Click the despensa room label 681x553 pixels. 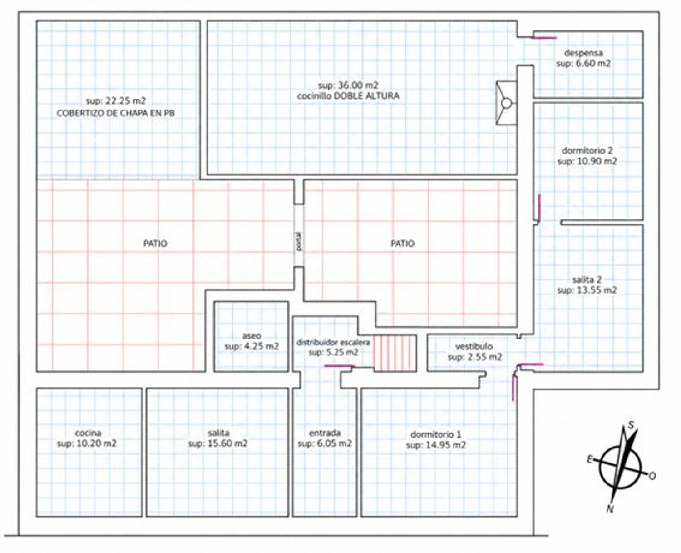[583, 53]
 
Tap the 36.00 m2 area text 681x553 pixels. [348, 85]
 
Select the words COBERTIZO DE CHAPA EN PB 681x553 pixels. [116, 113]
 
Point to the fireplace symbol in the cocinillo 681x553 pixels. [506, 103]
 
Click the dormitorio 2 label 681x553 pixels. [587, 150]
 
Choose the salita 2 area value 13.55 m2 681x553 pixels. [587, 290]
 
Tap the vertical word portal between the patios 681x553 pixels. [299, 242]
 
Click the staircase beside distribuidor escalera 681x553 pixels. [395, 354]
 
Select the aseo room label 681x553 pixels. [252, 336]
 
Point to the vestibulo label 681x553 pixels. [474, 346]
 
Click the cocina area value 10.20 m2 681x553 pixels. [87, 443]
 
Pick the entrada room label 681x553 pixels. [325, 433]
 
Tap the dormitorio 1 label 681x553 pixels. [436, 434]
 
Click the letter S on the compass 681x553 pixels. [631, 425]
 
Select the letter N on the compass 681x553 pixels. [609, 509]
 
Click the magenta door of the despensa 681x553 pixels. [544, 38]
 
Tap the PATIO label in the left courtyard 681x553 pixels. [155, 244]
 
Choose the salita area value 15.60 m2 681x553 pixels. [218, 443]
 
